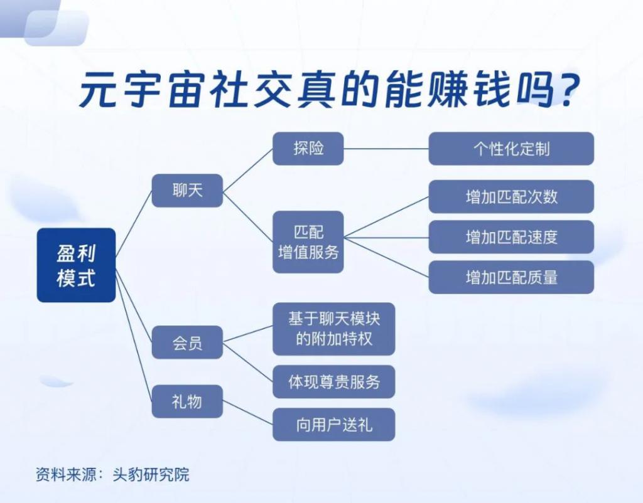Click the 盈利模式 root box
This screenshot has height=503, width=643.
point(76,265)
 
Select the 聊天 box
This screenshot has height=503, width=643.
point(187,191)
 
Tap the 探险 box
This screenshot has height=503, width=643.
point(308,149)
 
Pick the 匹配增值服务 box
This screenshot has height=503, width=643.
point(308,242)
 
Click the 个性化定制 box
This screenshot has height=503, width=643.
point(511,149)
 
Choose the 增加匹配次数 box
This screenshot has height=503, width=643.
point(511,196)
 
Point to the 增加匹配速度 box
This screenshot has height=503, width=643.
point(511,236)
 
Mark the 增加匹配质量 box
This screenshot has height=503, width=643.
point(511,277)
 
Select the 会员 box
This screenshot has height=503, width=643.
point(187,342)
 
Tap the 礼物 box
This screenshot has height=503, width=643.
point(187,401)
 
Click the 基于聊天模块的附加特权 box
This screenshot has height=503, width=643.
point(334,329)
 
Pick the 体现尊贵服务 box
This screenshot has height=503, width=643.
point(334,382)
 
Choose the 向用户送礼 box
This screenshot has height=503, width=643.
point(334,425)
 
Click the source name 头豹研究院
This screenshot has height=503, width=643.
point(151,474)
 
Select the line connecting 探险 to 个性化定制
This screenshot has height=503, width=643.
point(386,149)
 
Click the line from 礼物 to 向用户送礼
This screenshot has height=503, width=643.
point(247,412)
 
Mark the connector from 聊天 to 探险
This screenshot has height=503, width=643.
point(247,169)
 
